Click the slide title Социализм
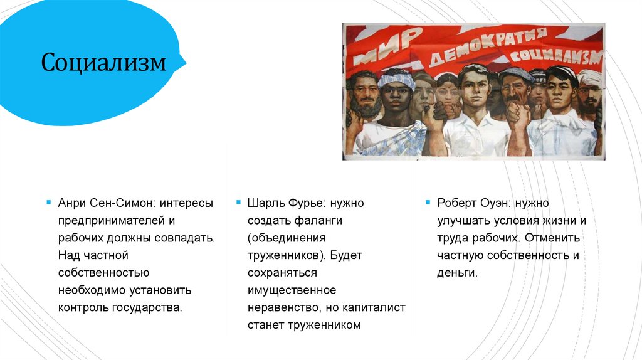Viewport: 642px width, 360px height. coord(104,63)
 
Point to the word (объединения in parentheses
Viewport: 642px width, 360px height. coord(287,238)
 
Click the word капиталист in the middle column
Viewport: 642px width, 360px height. coord(376,308)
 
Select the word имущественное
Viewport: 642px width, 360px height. coord(292,290)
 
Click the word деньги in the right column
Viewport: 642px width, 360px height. coord(457,273)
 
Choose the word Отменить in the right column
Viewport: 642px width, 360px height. coord(552,238)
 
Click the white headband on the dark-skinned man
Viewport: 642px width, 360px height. coord(396,80)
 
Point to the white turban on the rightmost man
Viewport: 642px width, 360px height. coord(589,78)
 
